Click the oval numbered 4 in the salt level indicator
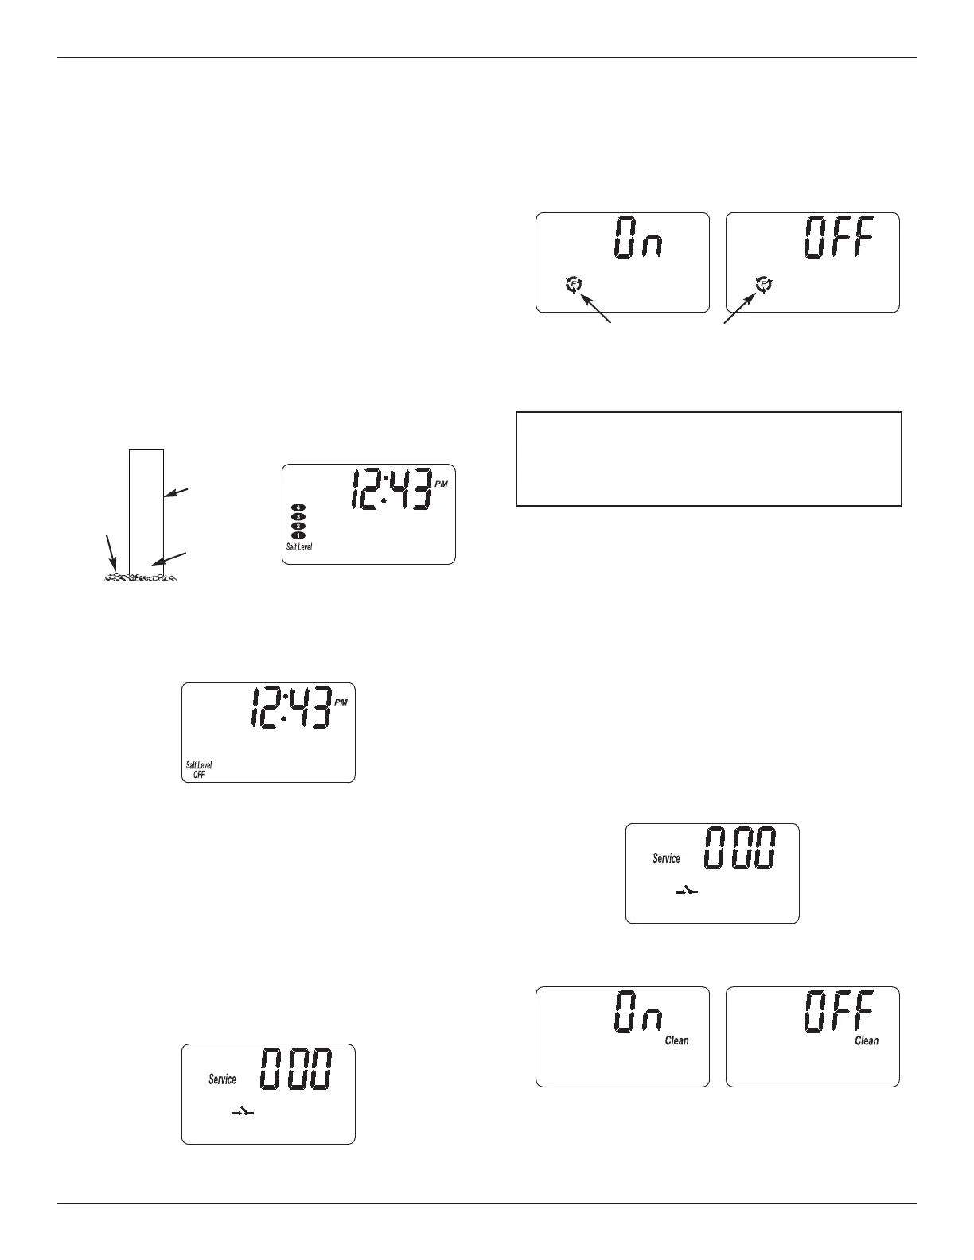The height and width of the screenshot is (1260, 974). click(x=299, y=507)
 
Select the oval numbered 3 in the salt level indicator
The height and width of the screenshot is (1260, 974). click(x=299, y=517)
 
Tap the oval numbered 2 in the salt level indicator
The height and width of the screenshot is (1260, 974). click(x=299, y=527)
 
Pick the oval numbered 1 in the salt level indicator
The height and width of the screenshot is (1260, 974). click(x=299, y=536)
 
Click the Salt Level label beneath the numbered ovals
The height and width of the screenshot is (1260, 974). click(x=299, y=547)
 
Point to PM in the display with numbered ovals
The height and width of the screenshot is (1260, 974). click(x=442, y=484)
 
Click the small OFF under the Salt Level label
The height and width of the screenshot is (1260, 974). click(x=199, y=775)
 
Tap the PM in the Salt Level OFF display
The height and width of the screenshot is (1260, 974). click(x=341, y=702)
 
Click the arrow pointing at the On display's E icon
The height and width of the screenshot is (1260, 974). click(x=597, y=309)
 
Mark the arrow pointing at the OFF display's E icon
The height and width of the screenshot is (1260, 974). click(x=738, y=309)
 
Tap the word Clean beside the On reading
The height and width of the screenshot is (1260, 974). click(x=677, y=1040)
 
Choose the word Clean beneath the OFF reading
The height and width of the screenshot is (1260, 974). click(x=867, y=1040)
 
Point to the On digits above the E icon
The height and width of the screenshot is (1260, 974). click(x=637, y=238)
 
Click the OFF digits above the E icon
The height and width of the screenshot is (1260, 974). click(x=838, y=237)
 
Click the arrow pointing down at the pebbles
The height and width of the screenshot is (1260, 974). click(x=111, y=552)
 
